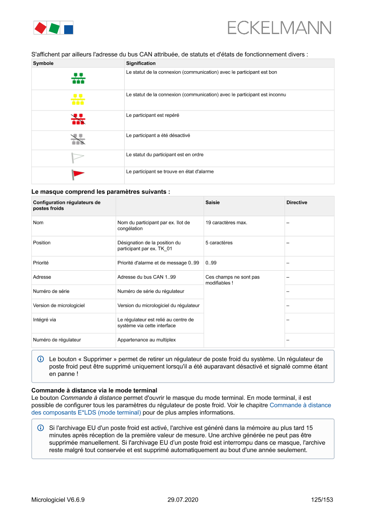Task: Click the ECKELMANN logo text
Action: (x=279, y=28)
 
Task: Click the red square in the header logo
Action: (x=40, y=28)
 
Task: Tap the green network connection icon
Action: (x=78, y=78)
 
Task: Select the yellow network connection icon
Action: (x=78, y=100)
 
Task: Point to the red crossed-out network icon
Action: (x=78, y=120)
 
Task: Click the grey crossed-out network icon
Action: (x=78, y=140)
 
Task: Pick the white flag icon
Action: (x=77, y=157)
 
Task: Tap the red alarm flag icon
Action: (x=78, y=175)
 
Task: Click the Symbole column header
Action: (x=43, y=63)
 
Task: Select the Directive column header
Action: (x=297, y=203)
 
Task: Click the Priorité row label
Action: (x=41, y=263)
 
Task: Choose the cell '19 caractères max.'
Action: (x=226, y=222)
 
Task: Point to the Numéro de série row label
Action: (x=51, y=291)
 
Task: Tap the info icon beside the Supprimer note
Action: (x=41, y=359)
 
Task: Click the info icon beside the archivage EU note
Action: (x=41, y=428)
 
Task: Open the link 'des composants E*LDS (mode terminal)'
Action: (x=86, y=412)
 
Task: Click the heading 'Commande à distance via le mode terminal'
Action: (x=94, y=390)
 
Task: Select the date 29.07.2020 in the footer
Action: (x=183, y=500)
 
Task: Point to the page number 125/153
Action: (x=322, y=500)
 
